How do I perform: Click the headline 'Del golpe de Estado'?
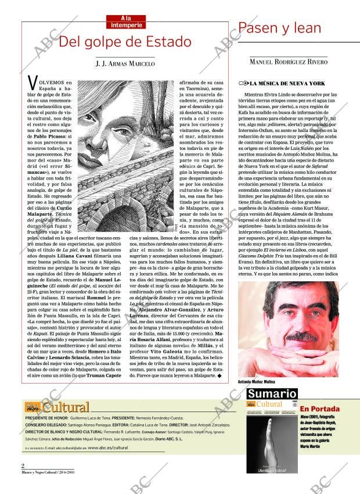tap(125, 42)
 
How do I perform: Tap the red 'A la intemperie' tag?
tap(125, 22)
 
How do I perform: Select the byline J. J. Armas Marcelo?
tap(125, 63)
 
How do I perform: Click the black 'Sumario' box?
tap(272, 393)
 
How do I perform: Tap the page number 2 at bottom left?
tap(23, 465)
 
